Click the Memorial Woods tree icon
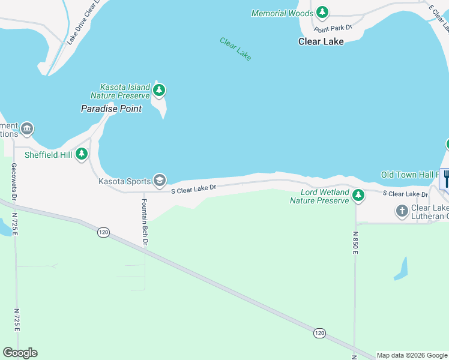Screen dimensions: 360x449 tap(322, 13)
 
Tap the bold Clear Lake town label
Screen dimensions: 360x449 tap(321, 41)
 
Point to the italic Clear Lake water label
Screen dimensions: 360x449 tap(235, 49)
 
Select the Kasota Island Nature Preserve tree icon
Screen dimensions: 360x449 tap(159, 91)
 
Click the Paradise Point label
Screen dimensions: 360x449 tap(111, 109)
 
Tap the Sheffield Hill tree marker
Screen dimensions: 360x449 tap(82, 154)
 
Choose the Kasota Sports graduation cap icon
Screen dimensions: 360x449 tap(159, 180)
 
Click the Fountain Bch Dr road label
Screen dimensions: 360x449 tap(144, 221)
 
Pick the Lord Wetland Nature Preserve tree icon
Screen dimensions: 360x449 tap(358, 195)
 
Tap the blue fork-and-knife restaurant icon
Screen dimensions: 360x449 tap(445, 178)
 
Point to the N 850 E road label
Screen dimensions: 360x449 tap(355, 244)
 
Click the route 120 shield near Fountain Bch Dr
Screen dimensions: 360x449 tap(103, 231)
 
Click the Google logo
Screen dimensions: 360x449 tap(20, 353)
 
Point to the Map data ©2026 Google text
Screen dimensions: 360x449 tap(412, 355)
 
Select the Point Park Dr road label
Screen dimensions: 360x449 tap(332, 28)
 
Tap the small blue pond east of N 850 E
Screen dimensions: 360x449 tap(401, 269)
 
